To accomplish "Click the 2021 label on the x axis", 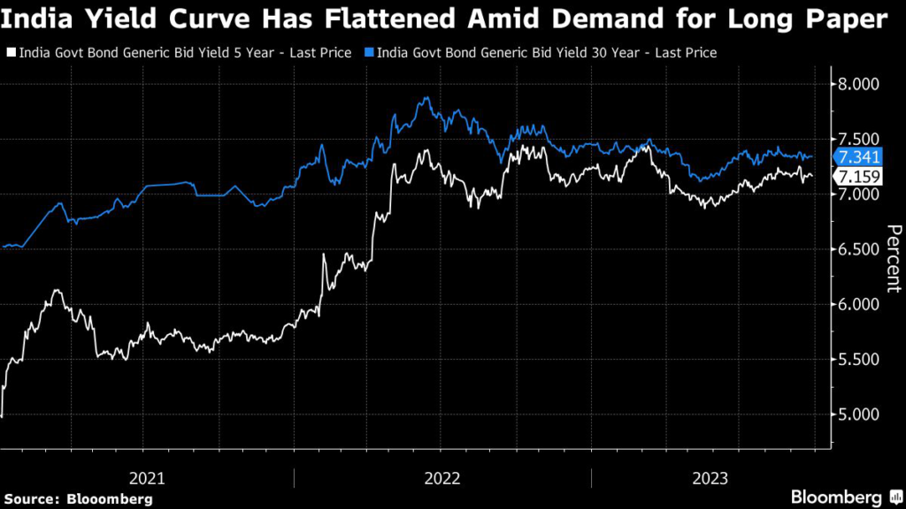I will point(147,478).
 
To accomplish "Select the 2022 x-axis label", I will point(442,478).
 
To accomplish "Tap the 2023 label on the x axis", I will point(710,478).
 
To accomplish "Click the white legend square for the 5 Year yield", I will point(11,53).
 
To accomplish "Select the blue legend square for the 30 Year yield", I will point(369,53).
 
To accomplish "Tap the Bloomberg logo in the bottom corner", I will point(836,497).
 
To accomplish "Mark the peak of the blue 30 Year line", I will point(427,98).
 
